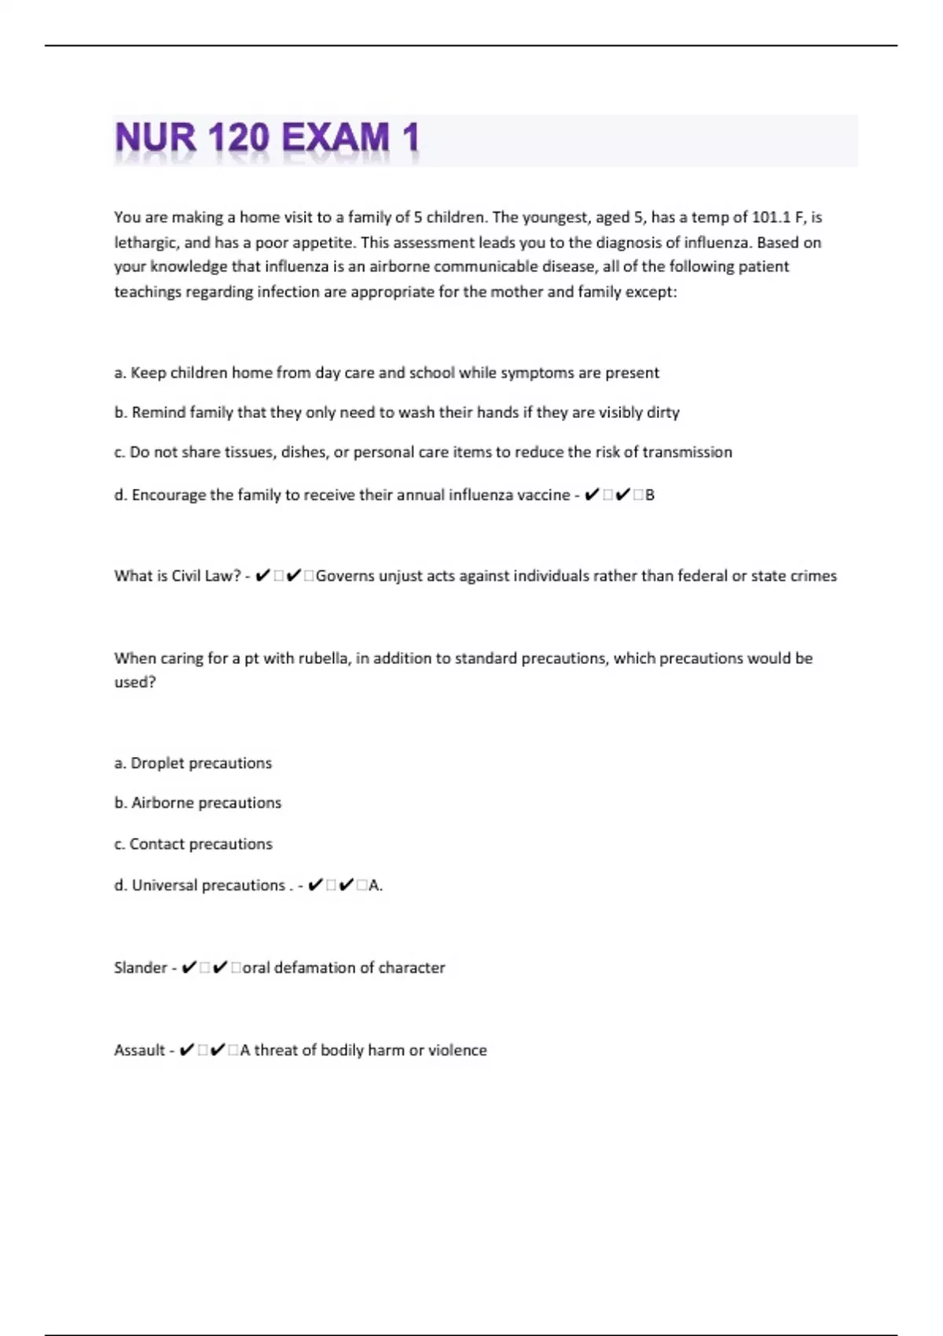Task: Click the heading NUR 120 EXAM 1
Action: point(267,138)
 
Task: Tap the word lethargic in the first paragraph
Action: point(145,243)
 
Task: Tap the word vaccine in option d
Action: point(544,495)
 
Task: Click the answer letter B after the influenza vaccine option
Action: point(650,495)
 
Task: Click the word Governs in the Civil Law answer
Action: point(344,576)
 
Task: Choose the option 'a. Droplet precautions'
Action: point(193,763)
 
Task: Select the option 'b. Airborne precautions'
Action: point(198,803)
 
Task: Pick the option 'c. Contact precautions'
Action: point(193,844)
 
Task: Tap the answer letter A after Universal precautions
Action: point(374,886)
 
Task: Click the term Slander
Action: point(140,968)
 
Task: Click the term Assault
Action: point(139,1051)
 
